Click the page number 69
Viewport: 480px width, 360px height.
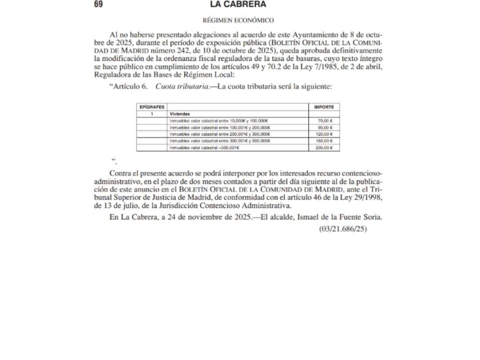pos(98,4)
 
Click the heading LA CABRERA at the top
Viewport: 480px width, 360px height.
pos(238,4)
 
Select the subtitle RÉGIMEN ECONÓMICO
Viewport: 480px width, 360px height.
pos(238,20)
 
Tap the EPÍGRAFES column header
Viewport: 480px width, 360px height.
pos(151,107)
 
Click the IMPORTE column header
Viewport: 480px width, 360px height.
pos(323,107)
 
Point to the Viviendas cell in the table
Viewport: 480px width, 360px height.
pos(179,114)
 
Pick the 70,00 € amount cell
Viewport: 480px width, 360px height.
pos(325,121)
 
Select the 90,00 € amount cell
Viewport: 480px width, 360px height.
pos(325,127)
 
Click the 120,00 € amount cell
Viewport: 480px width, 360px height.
pos(324,134)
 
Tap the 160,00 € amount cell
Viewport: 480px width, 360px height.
pos(324,141)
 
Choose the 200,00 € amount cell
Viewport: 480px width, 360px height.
pos(324,148)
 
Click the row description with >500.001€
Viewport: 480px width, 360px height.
pos(205,148)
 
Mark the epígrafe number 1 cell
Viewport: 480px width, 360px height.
pos(151,114)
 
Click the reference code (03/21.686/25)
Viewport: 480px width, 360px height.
pos(343,229)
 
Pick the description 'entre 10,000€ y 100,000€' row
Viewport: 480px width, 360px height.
pos(219,121)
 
